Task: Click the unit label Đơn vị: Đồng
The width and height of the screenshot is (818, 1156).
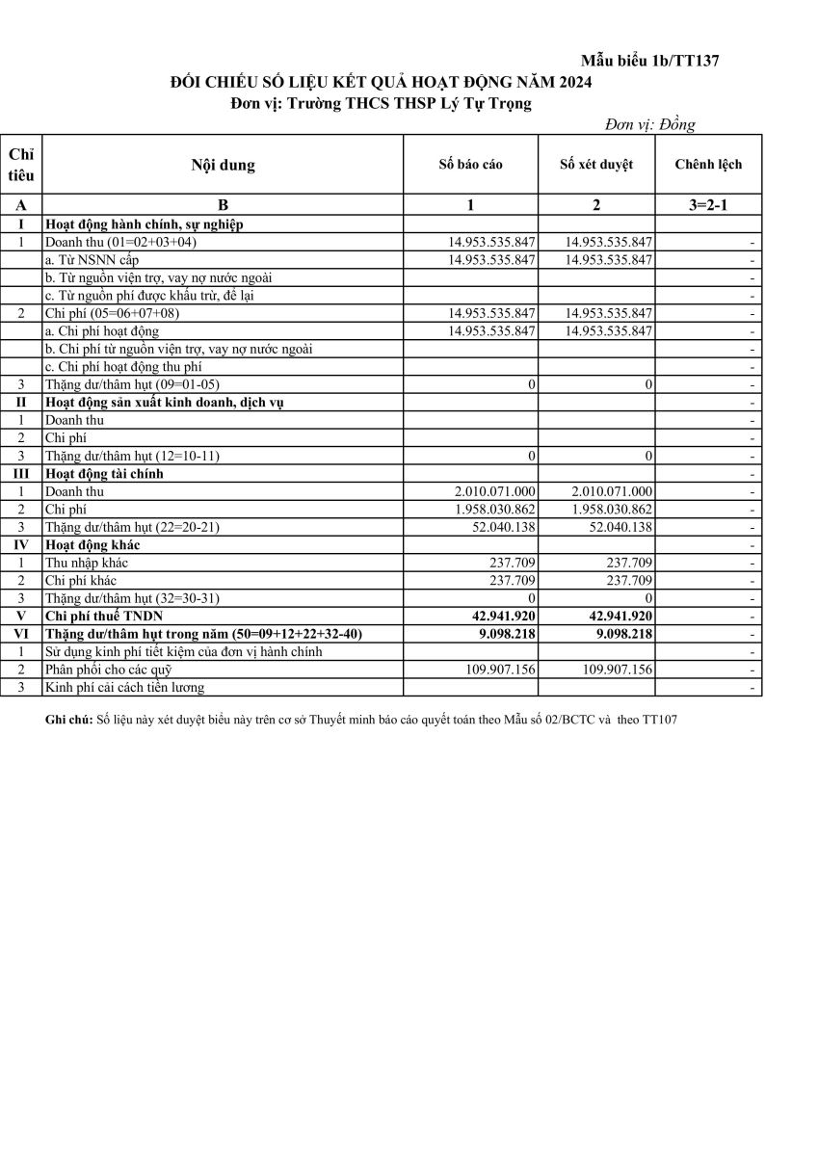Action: click(649, 124)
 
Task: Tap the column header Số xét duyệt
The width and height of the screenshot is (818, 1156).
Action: click(596, 165)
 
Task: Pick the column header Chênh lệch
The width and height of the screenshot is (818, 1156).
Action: click(708, 165)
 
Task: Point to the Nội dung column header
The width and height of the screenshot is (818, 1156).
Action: click(223, 165)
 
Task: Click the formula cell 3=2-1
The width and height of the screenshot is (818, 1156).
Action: click(708, 205)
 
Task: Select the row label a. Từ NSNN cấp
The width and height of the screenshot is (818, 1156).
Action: click(92, 260)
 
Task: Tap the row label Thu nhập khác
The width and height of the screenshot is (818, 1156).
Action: click(87, 563)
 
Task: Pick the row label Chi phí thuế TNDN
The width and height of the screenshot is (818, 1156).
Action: click(105, 616)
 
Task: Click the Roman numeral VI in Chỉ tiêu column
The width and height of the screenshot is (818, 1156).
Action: click(21, 634)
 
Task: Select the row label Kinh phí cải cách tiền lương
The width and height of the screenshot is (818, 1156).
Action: click(124, 687)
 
